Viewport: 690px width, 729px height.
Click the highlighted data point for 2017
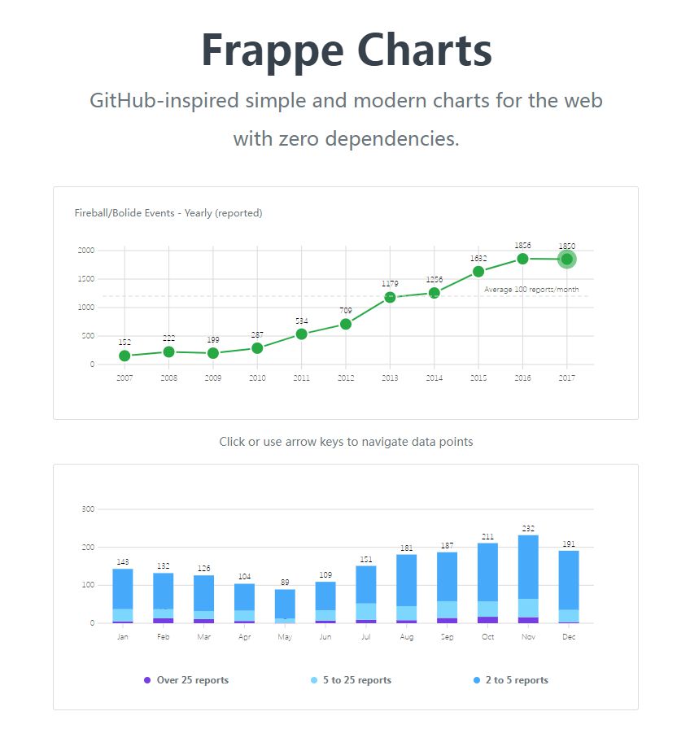click(x=567, y=260)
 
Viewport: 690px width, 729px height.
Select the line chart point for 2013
click(x=390, y=297)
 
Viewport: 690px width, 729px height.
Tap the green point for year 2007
click(x=124, y=356)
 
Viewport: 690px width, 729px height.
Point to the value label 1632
click(x=478, y=259)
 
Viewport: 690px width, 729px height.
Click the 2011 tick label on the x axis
click(x=301, y=378)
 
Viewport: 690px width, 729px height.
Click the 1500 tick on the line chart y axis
click(x=85, y=279)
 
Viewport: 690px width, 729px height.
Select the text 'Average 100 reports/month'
click(x=531, y=290)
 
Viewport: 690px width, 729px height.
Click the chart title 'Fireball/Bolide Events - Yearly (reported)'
click(x=168, y=213)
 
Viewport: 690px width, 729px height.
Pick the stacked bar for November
click(x=528, y=578)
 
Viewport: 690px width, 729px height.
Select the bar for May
click(x=285, y=606)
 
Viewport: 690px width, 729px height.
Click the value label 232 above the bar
click(x=528, y=529)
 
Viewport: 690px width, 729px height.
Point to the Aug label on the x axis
click(x=407, y=637)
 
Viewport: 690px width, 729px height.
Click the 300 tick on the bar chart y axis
click(x=88, y=509)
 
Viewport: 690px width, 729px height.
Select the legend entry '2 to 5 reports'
click(x=517, y=680)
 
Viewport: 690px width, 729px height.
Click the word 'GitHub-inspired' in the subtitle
click(x=164, y=101)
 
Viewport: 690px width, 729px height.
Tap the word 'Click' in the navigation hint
click(x=232, y=442)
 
